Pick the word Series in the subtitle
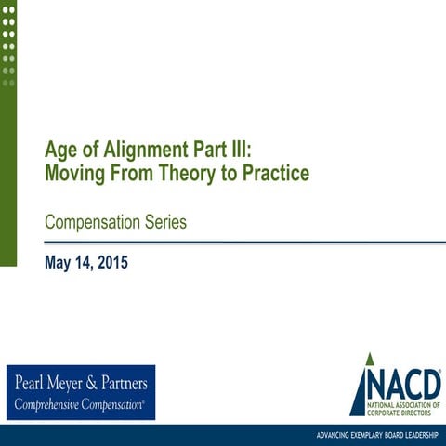point(166,222)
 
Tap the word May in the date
point(58,263)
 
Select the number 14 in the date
point(83,263)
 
